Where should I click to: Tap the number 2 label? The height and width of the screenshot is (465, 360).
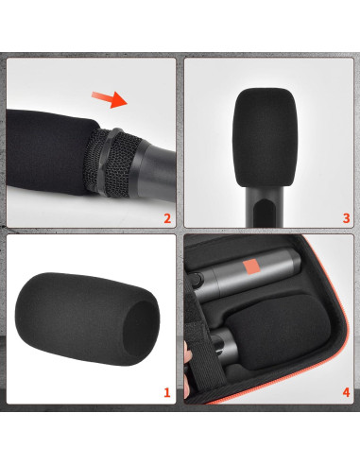point(167,219)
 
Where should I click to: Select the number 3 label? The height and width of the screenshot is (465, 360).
point(345,219)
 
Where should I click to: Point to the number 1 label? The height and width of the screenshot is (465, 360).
point(167,390)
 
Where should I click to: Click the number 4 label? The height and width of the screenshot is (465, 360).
point(345,390)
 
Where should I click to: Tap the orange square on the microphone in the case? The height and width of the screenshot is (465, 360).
point(253,267)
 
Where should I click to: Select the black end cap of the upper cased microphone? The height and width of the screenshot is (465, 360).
point(199,282)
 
